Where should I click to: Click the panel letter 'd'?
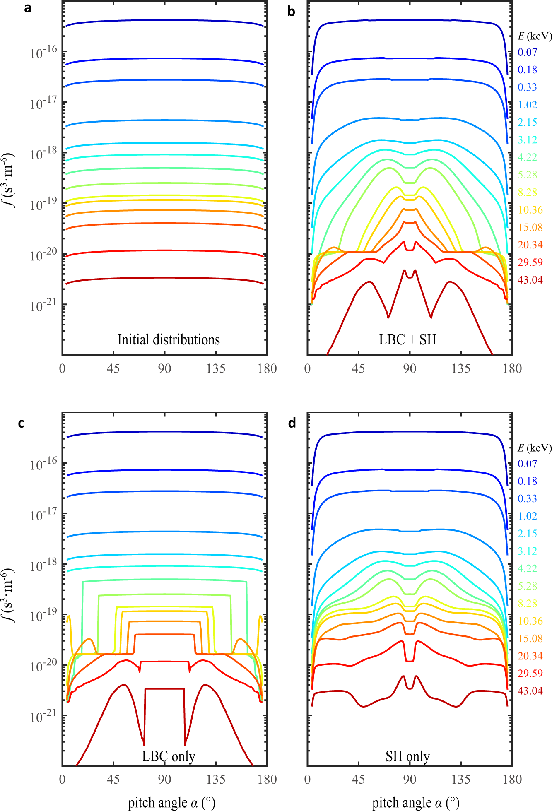point(292,423)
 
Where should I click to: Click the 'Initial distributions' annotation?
point(168,340)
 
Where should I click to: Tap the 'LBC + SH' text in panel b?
point(407,340)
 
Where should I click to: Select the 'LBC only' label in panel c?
point(168,756)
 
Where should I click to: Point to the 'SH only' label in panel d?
point(407,756)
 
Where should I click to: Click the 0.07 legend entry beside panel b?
point(527,53)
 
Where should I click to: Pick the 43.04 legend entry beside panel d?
point(530,691)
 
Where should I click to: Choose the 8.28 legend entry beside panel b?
point(527,193)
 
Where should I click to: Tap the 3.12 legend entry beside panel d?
point(527,551)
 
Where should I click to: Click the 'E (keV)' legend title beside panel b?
point(535,36)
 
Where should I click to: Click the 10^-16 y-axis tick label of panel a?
point(43,53)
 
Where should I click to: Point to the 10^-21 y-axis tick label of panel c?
point(43,717)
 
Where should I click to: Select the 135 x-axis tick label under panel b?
point(460,368)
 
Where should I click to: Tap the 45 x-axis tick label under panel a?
point(113,368)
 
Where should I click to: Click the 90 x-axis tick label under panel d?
point(409,780)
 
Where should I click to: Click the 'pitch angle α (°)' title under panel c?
point(171,803)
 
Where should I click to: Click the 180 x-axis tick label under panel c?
point(267,780)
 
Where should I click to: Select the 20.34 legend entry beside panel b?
point(530,245)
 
